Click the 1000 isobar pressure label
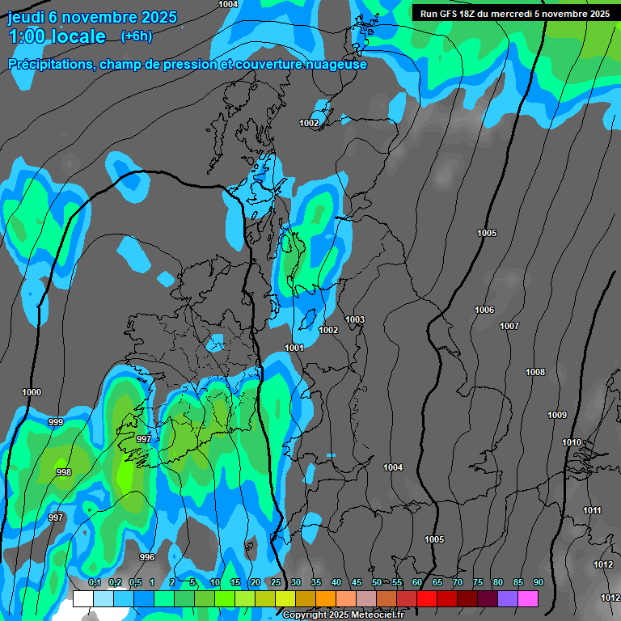32,392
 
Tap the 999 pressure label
56,423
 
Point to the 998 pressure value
63,473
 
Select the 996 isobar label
146,557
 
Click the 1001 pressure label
294,348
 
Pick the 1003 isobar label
355,319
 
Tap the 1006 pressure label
484,310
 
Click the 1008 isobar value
535,372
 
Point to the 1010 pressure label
572,442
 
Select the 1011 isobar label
592,510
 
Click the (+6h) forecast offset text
136,36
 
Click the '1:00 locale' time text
57,36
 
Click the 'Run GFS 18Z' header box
515,14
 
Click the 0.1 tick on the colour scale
94,583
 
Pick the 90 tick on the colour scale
538,583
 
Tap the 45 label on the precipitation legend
356,583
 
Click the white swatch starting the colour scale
82,599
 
